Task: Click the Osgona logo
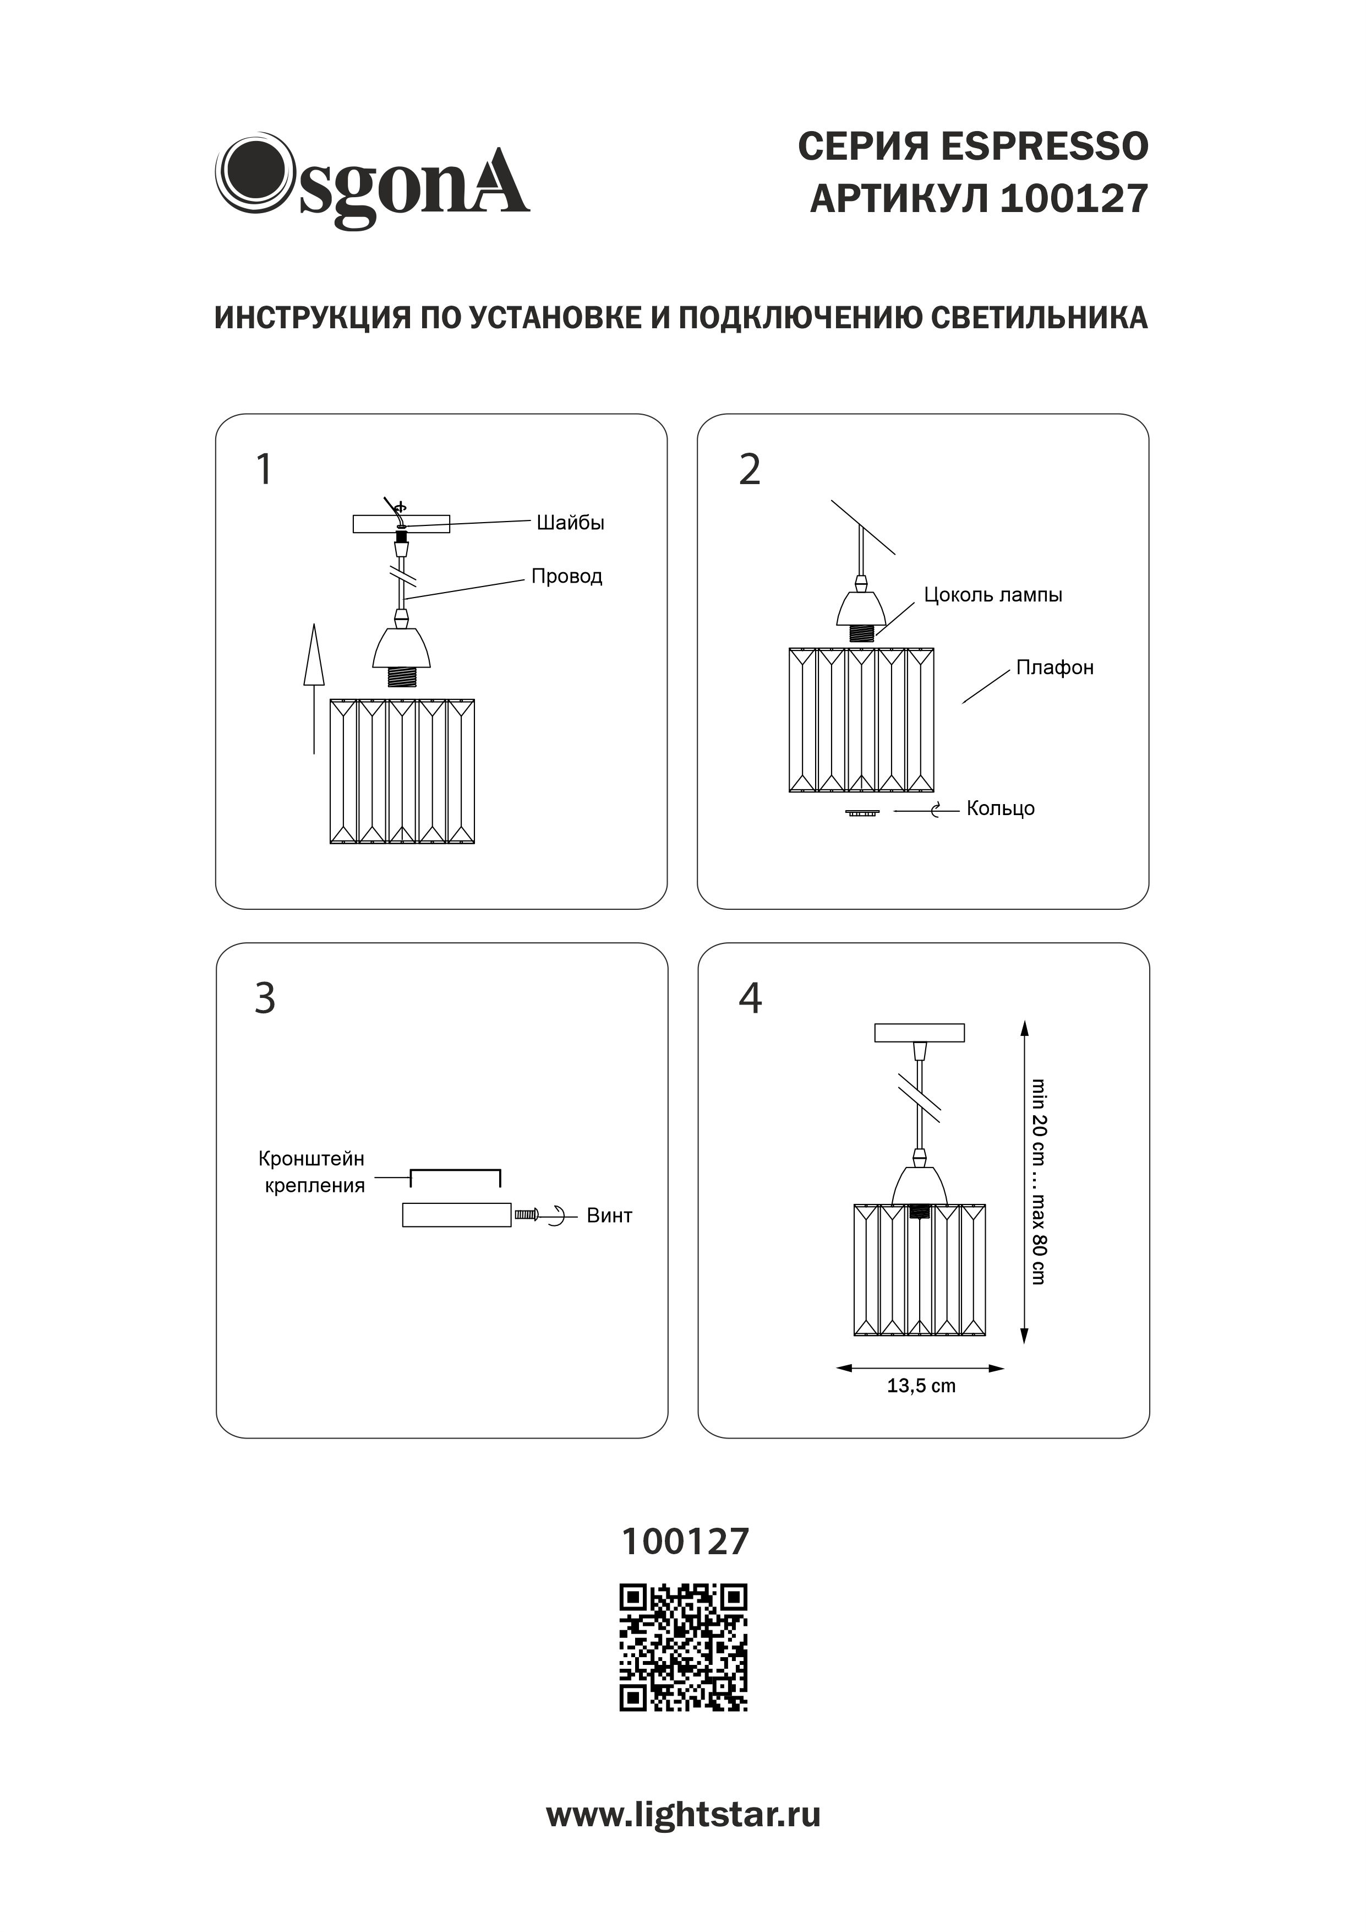tap(372, 180)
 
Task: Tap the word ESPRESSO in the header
tap(1044, 147)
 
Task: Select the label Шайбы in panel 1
tap(570, 523)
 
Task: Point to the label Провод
tap(566, 577)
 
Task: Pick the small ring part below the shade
tap(861, 813)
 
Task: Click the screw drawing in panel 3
tap(526, 1215)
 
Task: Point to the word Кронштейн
tap(311, 1159)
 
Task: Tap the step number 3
tap(265, 999)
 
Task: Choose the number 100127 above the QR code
tap(685, 1542)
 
